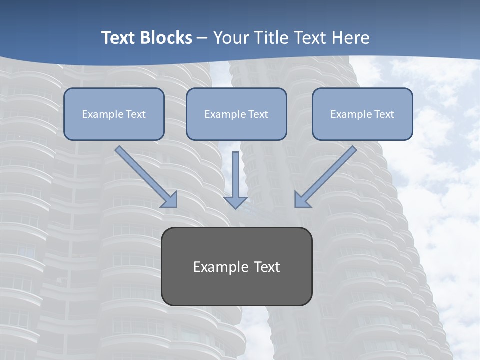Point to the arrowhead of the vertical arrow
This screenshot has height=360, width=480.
tap(236, 202)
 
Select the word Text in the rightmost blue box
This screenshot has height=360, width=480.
tap(384, 114)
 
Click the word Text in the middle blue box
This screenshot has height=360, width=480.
tap(258, 114)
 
